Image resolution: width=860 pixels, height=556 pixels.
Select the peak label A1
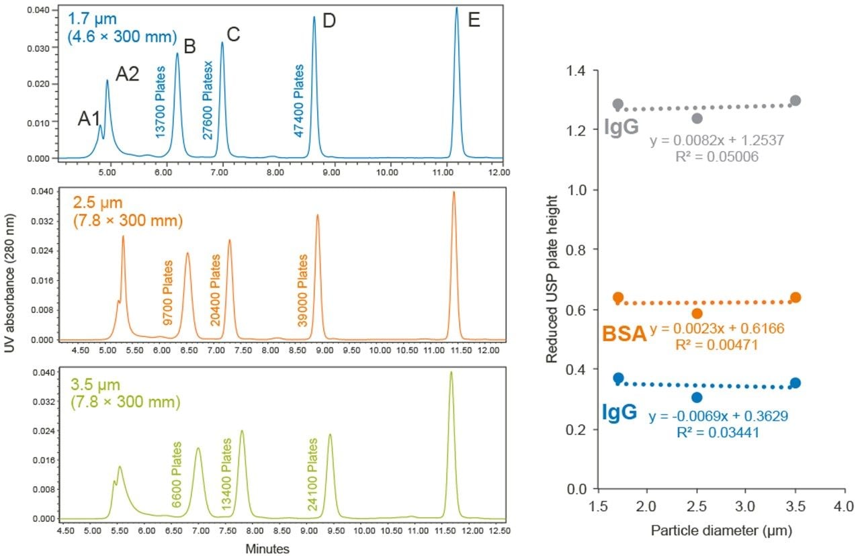pyautogui.click(x=89, y=119)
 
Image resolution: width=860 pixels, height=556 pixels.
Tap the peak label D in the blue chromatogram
pyautogui.click(x=329, y=20)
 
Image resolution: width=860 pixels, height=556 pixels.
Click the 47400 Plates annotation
pyautogui.click(x=300, y=101)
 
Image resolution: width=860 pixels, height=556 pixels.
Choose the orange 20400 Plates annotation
pyautogui.click(x=215, y=290)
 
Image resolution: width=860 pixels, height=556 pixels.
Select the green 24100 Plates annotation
pyautogui.click(x=312, y=475)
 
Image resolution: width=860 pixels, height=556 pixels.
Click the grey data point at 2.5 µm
pyautogui.click(x=697, y=118)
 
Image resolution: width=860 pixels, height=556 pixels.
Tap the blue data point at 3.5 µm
pyautogui.click(x=795, y=383)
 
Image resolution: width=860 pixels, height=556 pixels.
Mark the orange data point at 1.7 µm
pyautogui.click(x=618, y=297)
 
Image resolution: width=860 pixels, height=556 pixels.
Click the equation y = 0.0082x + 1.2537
pyautogui.click(x=717, y=141)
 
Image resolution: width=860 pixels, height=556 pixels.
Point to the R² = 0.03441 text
pyautogui.click(x=718, y=433)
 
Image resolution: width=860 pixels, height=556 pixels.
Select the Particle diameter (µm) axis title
pyautogui.click(x=722, y=531)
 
